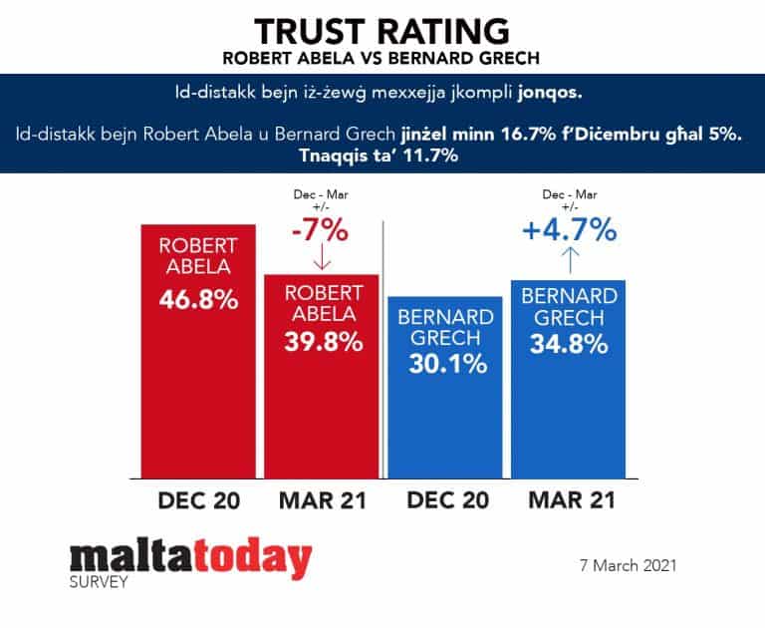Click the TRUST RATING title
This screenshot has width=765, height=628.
coord(382,29)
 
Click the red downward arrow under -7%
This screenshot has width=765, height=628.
coord(321,260)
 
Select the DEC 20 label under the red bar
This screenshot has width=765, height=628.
coord(197,499)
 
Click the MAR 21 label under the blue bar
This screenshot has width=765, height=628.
coord(568,499)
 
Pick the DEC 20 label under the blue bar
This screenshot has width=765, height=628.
coord(444,499)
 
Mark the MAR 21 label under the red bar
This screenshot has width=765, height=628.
coord(321,499)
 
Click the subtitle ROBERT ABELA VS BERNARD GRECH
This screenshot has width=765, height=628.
coord(382,58)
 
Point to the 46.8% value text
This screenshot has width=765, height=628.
coord(197,298)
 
